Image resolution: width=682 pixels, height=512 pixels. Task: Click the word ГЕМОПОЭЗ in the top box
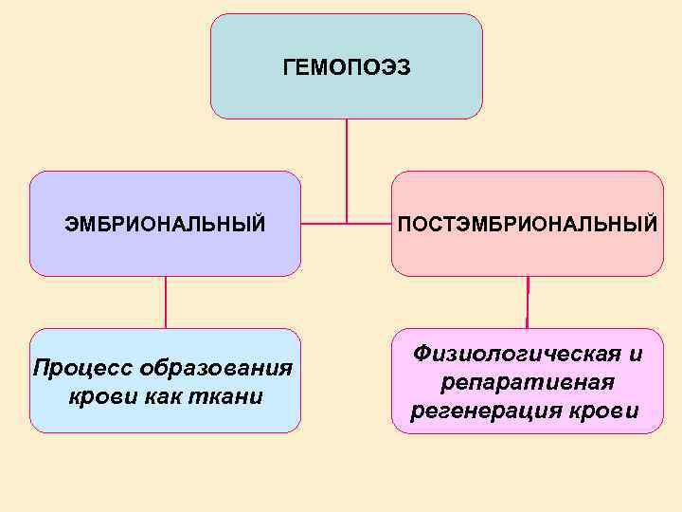(x=347, y=67)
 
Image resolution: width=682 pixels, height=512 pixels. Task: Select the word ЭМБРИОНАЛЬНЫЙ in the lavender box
(x=165, y=225)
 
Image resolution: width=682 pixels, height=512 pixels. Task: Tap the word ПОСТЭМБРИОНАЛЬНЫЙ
(x=527, y=225)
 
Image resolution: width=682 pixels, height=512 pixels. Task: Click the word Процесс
(x=81, y=368)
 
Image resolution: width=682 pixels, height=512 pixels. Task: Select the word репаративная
(x=528, y=382)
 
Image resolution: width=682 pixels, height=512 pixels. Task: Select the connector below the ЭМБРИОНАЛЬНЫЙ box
(x=166, y=302)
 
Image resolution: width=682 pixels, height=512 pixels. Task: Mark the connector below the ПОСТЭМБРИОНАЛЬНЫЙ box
(x=528, y=302)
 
